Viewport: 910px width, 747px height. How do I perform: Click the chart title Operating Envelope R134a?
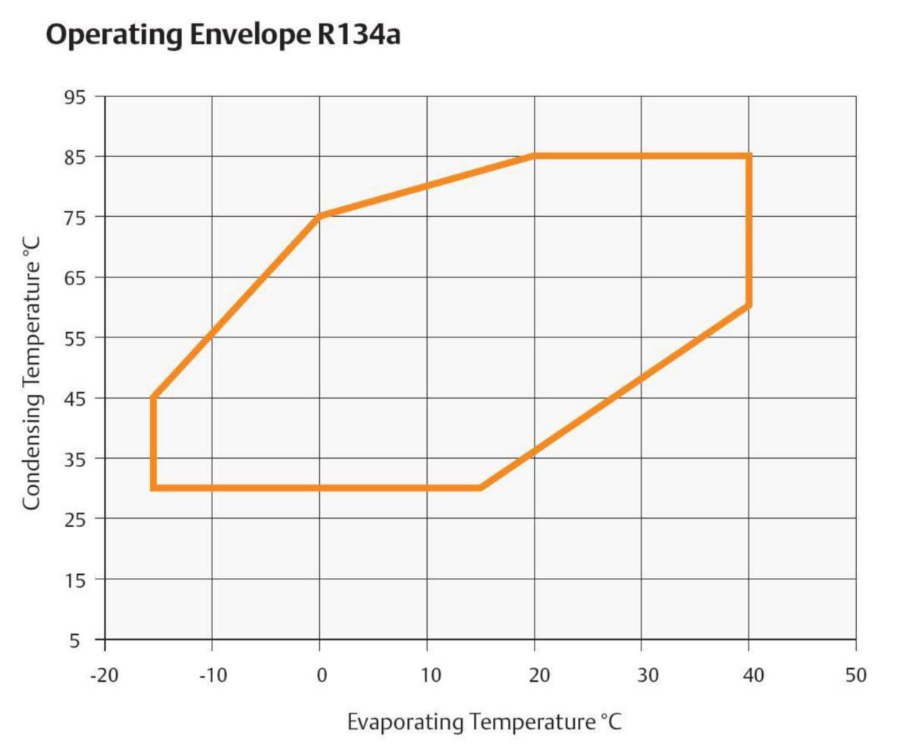(x=223, y=35)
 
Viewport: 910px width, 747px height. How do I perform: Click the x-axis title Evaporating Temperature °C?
(x=484, y=721)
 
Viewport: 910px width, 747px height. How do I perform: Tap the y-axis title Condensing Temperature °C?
(x=32, y=373)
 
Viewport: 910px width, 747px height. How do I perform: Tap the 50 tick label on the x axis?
(x=855, y=675)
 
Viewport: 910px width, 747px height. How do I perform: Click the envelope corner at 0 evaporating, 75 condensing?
(x=319, y=216)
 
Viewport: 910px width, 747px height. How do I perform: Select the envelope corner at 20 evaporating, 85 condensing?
(x=534, y=156)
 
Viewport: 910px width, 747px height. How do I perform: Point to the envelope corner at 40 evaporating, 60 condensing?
(x=748, y=306)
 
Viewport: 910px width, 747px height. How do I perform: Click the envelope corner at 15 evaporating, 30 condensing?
(x=480, y=487)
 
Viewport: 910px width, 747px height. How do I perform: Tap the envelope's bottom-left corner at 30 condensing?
(x=154, y=487)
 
